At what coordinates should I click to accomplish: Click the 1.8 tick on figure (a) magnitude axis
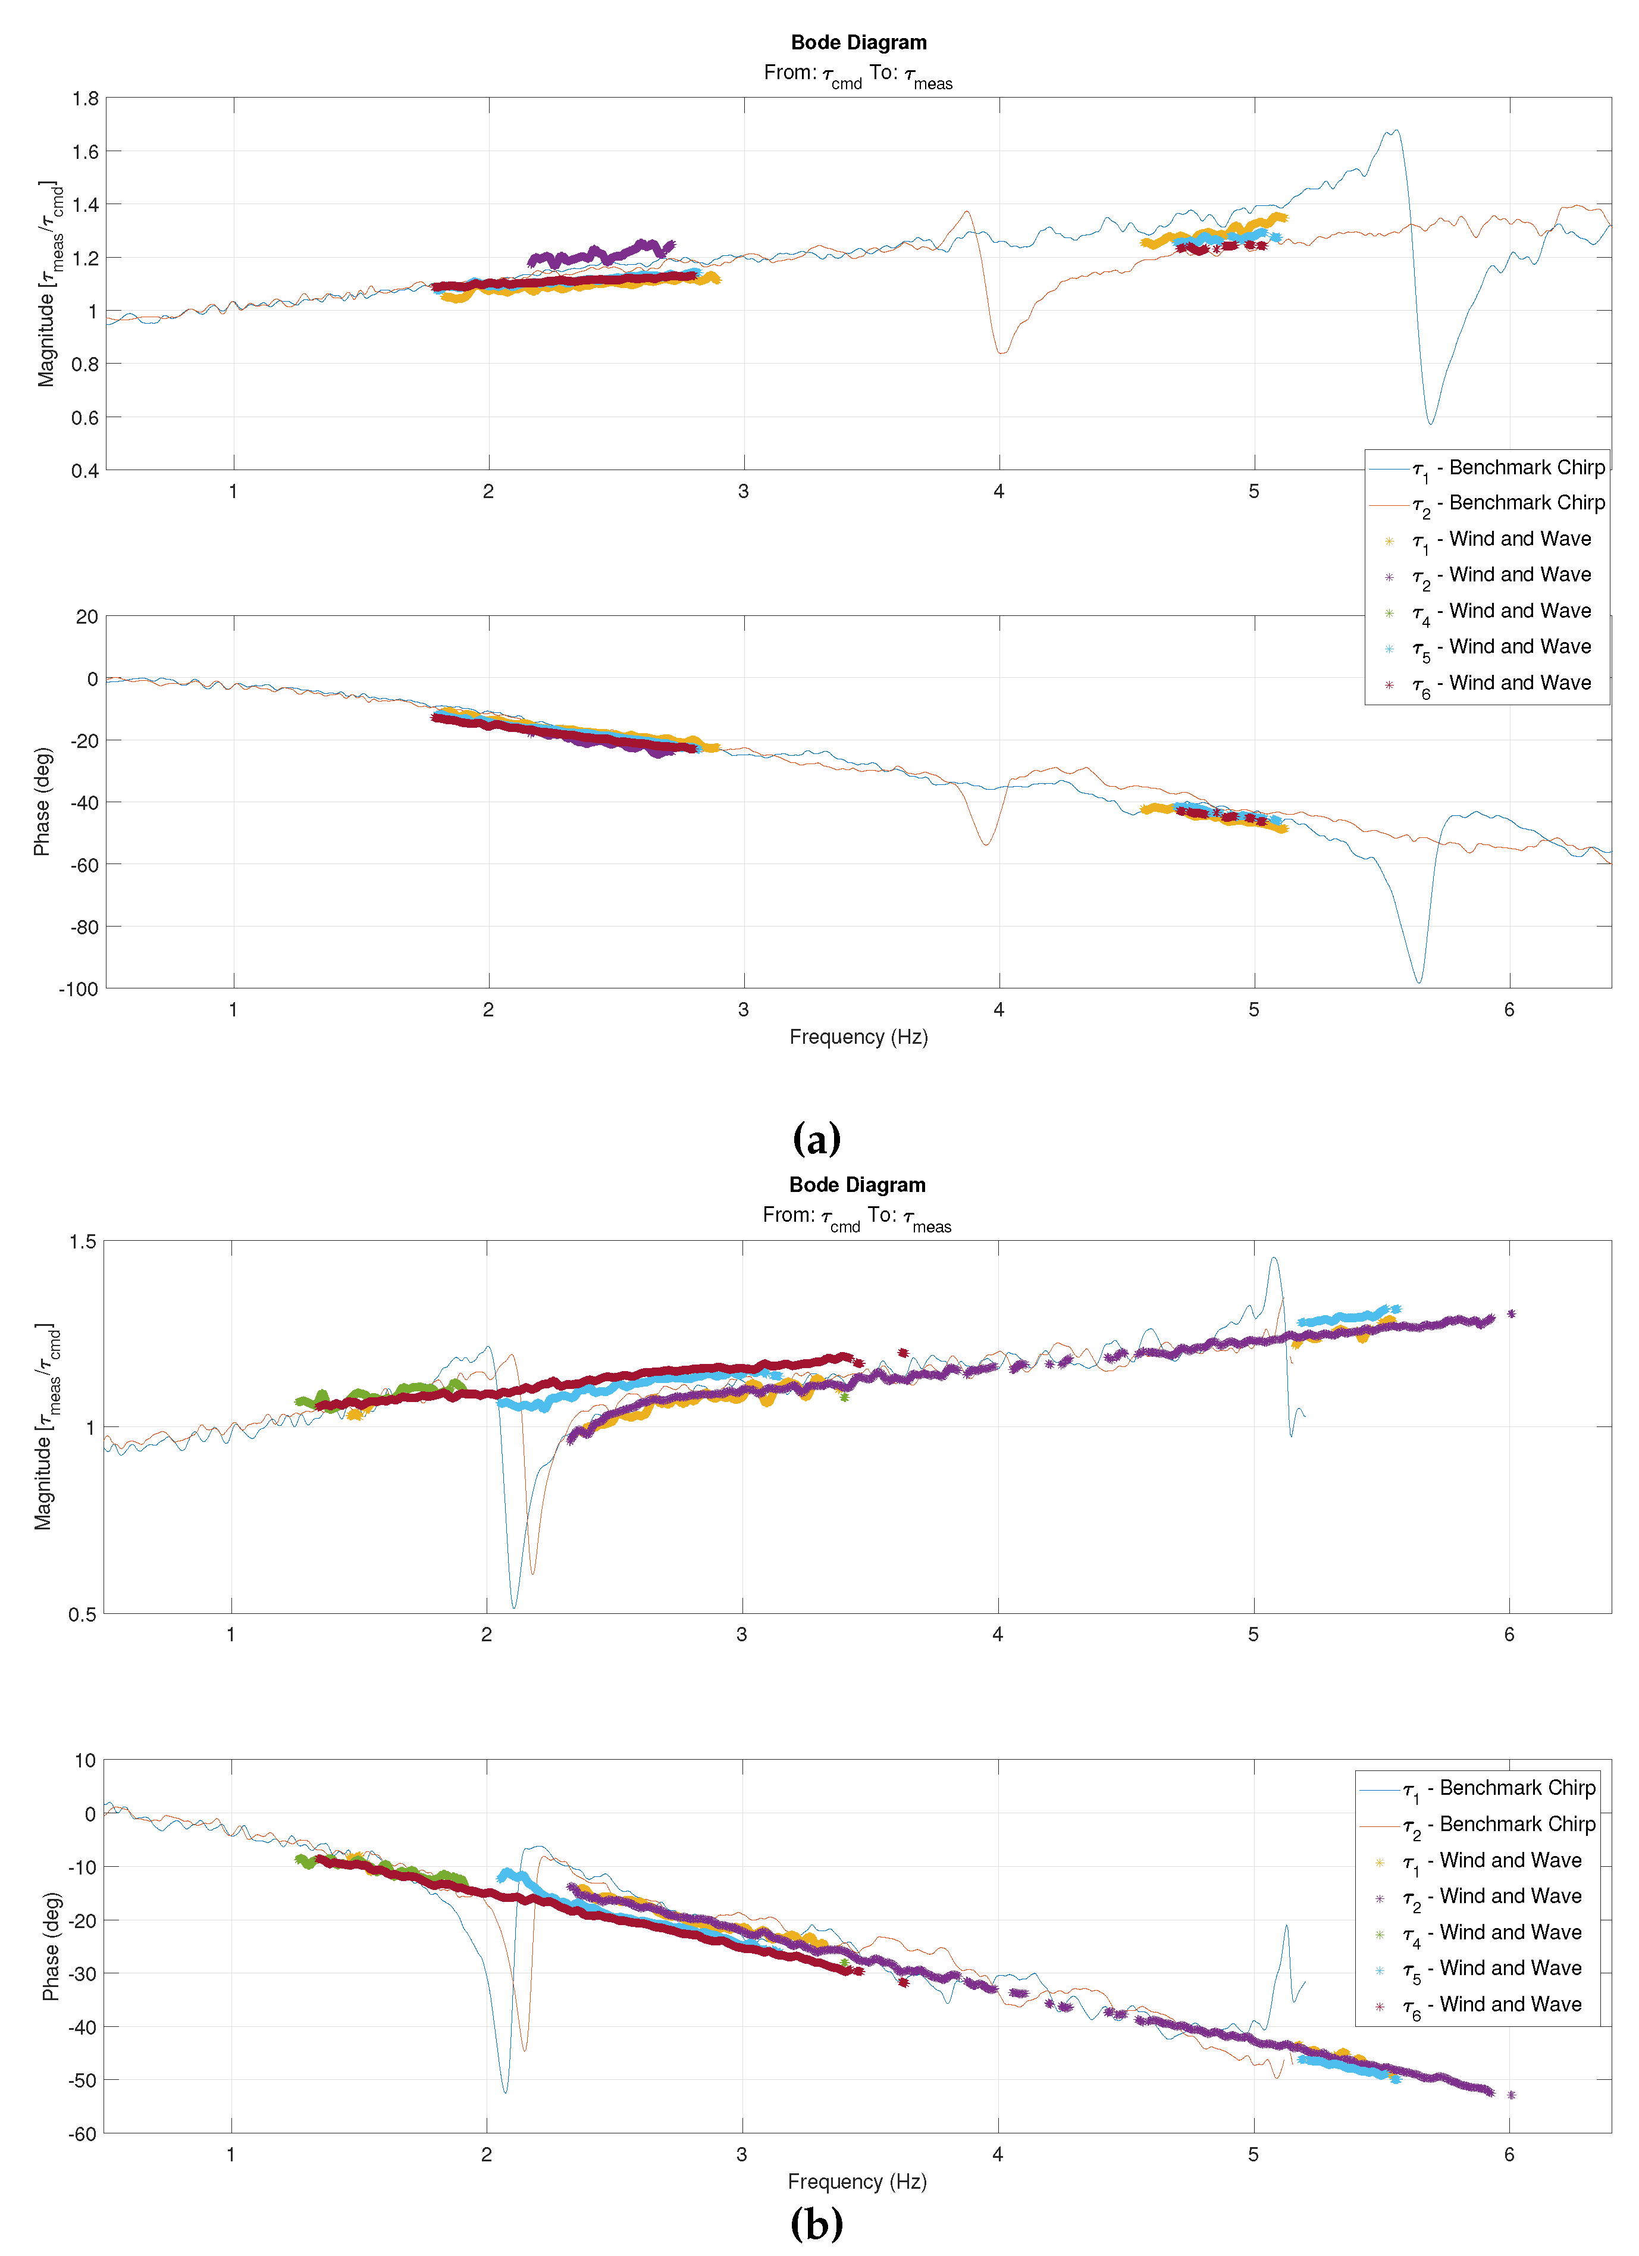click(x=86, y=98)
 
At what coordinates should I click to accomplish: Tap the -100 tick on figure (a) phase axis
click(x=80, y=988)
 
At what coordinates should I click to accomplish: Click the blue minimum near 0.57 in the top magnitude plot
click(x=1431, y=424)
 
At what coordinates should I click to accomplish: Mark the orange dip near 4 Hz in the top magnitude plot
click(x=1001, y=352)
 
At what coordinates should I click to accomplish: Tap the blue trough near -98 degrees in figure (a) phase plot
click(x=1419, y=982)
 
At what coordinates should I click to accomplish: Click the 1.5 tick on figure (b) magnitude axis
click(x=83, y=1241)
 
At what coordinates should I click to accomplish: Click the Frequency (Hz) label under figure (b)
click(x=857, y=2182)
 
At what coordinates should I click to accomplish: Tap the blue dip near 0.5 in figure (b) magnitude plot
click(x=513, y=1606)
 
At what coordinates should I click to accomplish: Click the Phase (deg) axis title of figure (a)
click(x=42, y=802)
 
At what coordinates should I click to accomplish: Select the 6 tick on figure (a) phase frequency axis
click(x=1509, y=1010)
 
